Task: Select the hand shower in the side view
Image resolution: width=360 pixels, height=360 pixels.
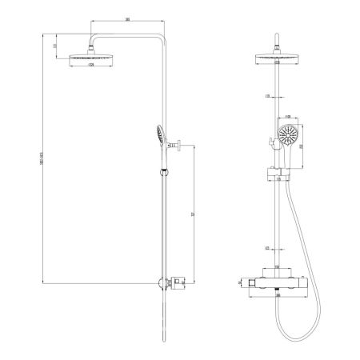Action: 161,136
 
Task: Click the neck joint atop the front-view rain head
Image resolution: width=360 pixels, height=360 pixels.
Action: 279,43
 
